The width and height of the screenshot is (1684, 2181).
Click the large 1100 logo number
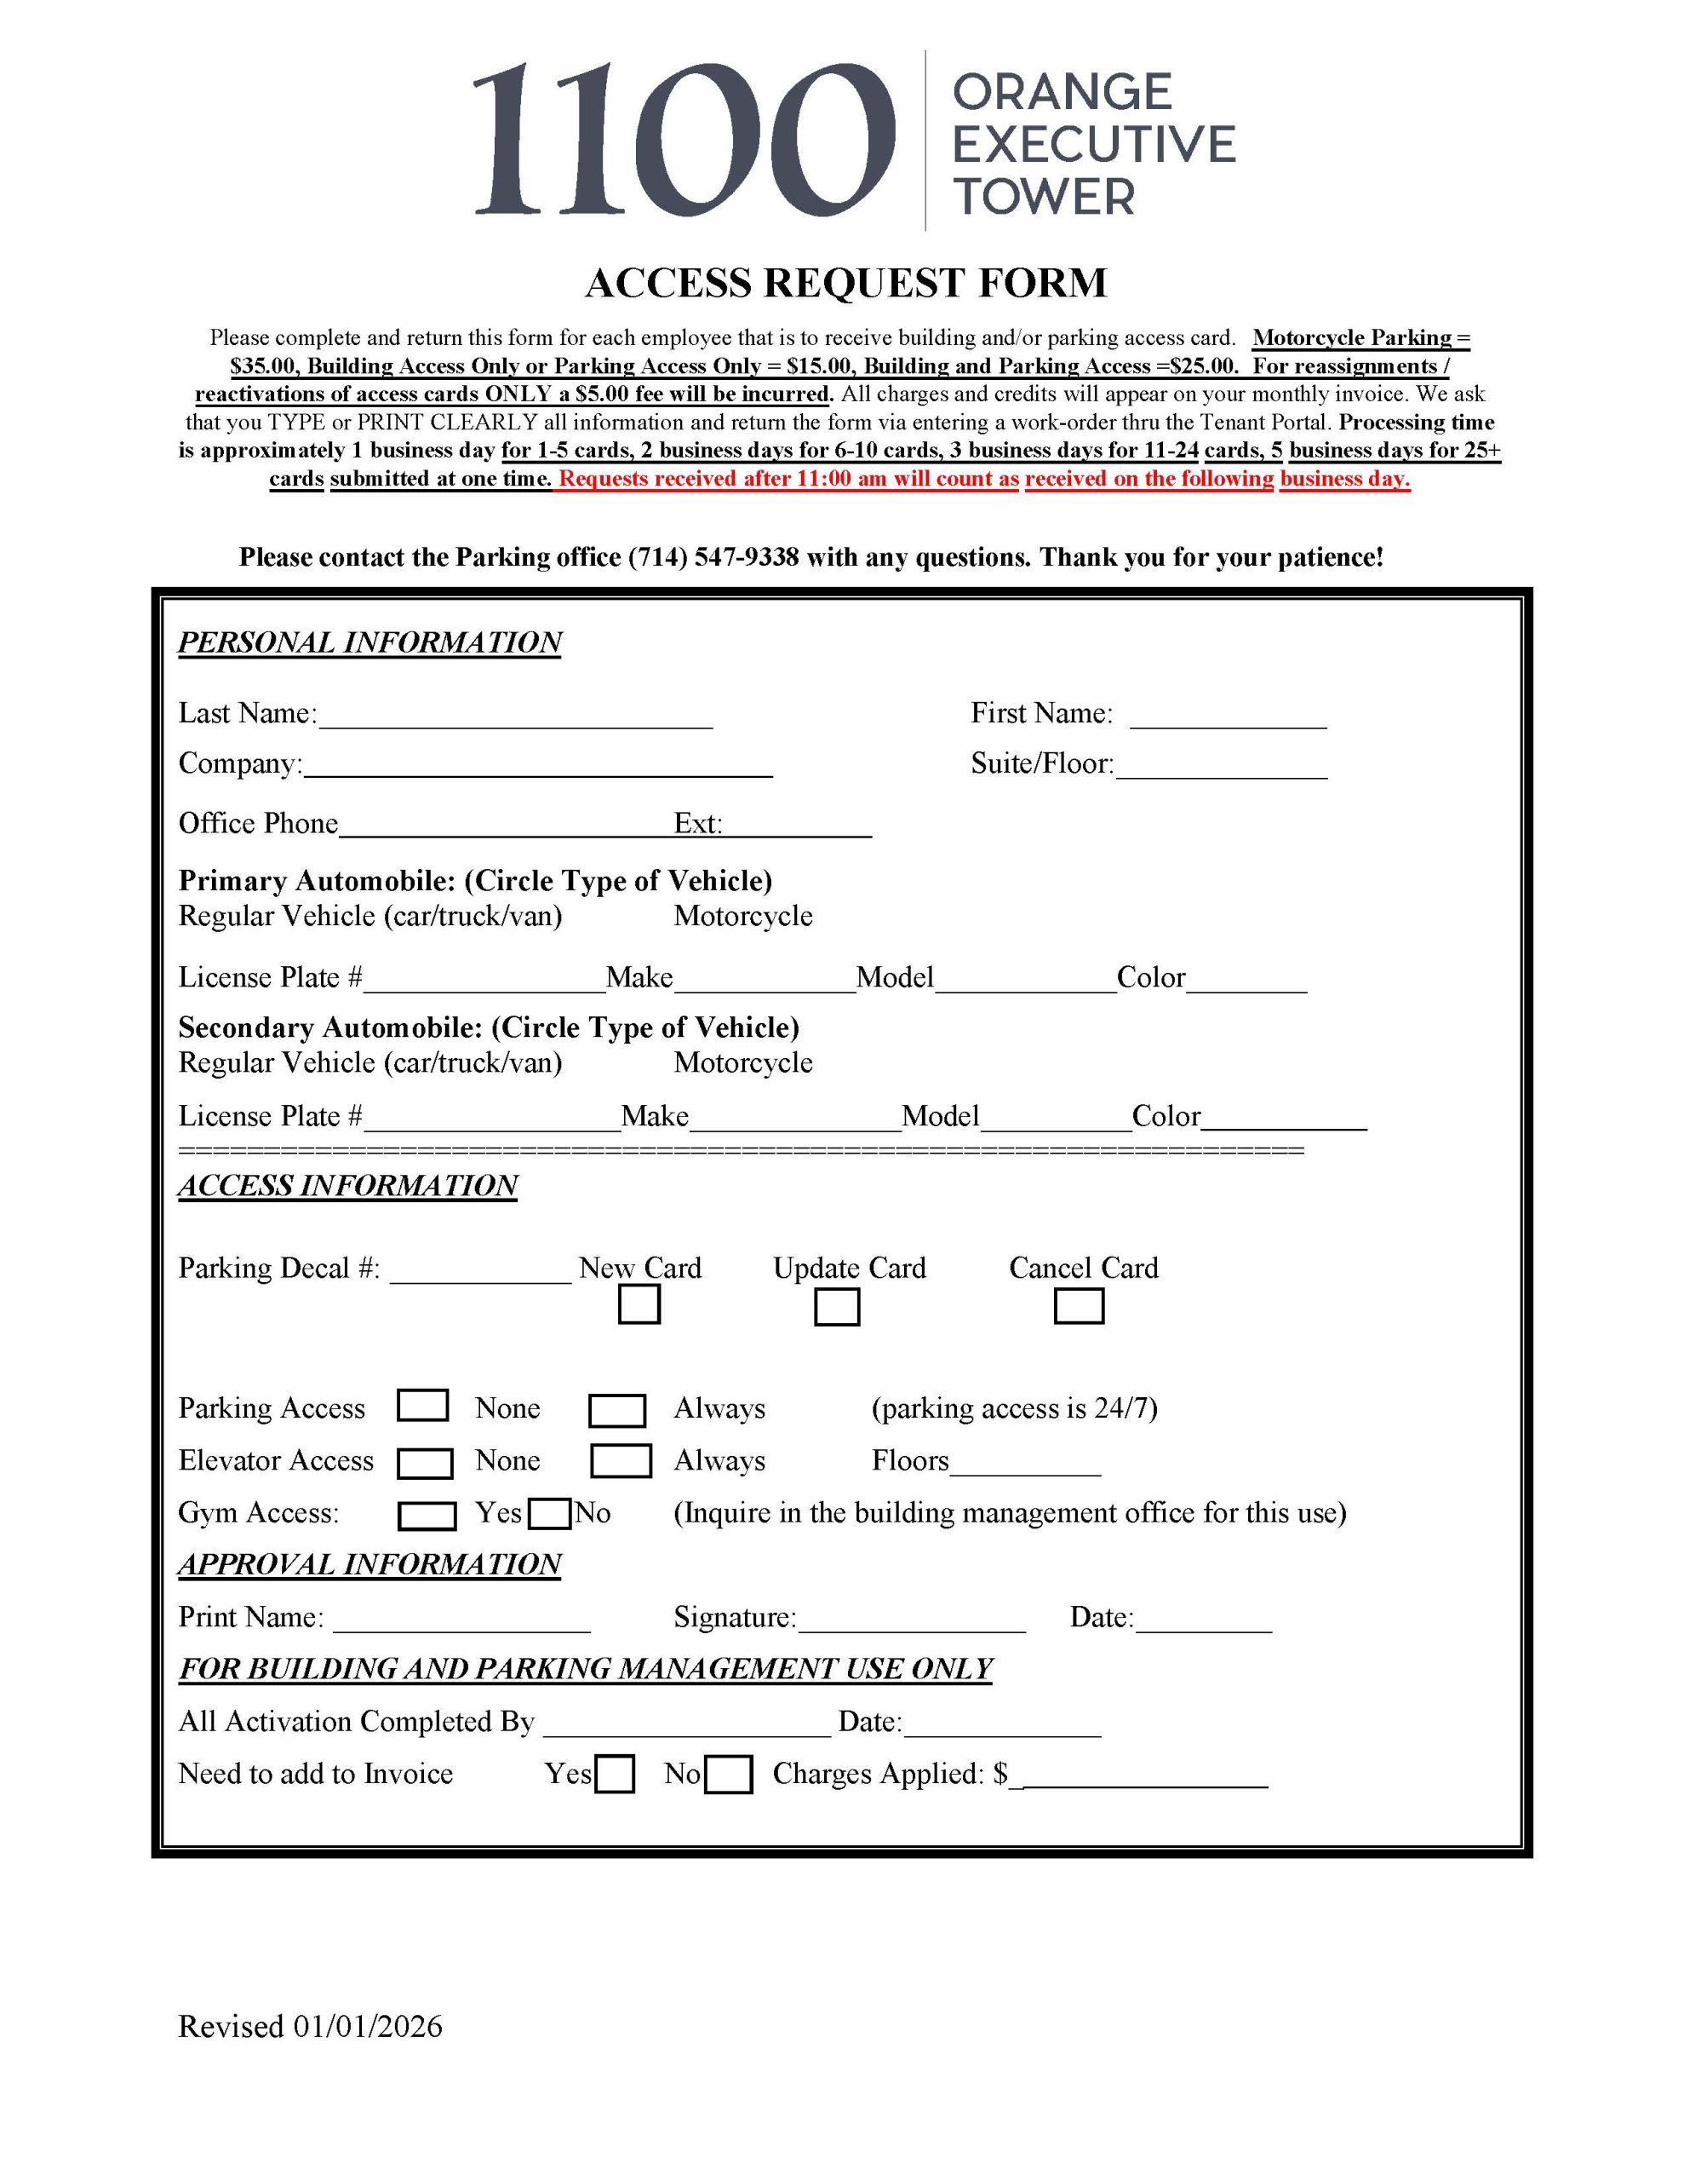click(683, 140)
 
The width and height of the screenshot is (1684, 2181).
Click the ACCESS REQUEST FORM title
click(845, 284)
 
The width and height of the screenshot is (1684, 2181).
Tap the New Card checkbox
click(639, 1304)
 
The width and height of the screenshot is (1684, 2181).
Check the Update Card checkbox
click(837, 1306)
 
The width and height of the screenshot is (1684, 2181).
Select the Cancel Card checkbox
click(1078, 1305)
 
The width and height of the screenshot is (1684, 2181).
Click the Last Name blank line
click(515, 719)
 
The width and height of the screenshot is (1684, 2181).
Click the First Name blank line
click(1228, 719)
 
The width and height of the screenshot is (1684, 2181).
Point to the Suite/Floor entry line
click(1222, 769)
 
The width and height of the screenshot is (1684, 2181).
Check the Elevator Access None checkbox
click(425, 1463)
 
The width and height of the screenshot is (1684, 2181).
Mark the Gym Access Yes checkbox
click(427, 1516)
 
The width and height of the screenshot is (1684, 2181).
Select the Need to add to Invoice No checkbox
click(728, 1775)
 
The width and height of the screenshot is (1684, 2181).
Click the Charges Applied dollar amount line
click(1144, 1777)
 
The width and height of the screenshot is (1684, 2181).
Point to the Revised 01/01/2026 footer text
click(309, 2026)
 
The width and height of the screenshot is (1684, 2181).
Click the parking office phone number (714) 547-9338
click(713, 557)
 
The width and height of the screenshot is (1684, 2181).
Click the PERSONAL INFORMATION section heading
click(369, 642)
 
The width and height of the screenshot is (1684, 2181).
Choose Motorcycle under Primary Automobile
click(742, 916)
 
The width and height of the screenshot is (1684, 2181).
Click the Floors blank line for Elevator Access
click(1025, 1466)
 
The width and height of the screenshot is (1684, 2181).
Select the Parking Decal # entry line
click(480, 1275)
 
